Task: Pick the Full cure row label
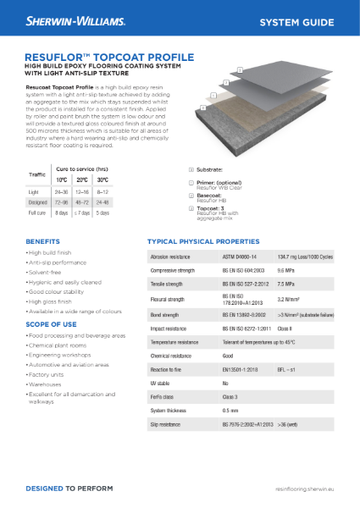coord(37,213)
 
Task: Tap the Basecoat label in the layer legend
coord(210,194)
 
